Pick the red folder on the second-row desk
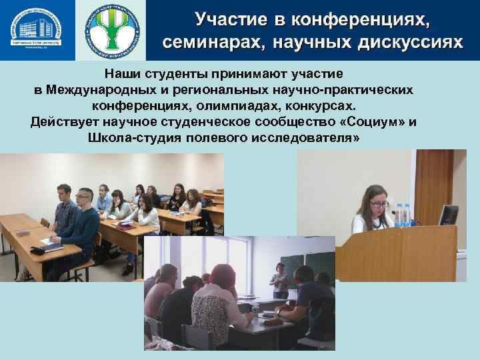[125, 227]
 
